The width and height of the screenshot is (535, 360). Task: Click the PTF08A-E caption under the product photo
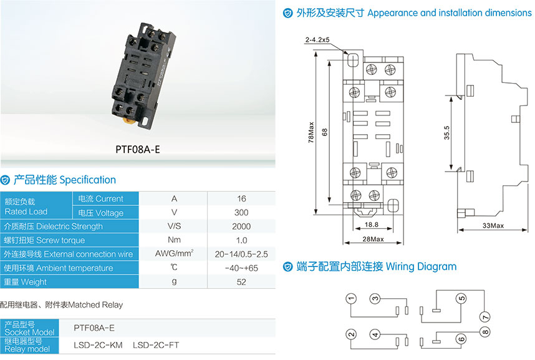click(x=138, y=149)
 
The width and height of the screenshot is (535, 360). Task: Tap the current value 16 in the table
click(x=241, y=198)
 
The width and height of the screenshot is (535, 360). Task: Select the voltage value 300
click(x=241, y=213)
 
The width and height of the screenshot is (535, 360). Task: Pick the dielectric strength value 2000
click(x=241, y=226)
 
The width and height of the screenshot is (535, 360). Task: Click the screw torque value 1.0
click(x=241, y=240)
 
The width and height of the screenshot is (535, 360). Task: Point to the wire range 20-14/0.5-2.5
click(x=241, y=254)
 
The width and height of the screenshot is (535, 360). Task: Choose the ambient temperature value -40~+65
click(x=241, y=268)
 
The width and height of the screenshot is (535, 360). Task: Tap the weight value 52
click(x=241, y=282)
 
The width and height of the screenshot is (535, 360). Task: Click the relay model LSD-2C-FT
click(x=156, y=345)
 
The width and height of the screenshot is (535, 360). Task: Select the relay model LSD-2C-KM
click(x=99, y=345)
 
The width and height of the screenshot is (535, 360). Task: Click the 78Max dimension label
click(x=311, y=132)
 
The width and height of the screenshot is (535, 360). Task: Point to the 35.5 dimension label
click(x=446, y=133)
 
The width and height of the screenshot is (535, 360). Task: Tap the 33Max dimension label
click(x=493, y=225)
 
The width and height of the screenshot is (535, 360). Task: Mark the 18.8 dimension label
click(x=371, y=225)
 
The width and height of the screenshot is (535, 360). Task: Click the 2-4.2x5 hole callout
click(x=317, y=40)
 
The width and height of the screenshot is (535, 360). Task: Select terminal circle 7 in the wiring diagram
click(x=484, y=316)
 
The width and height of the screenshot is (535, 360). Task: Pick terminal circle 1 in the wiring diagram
click(x=351, y=298)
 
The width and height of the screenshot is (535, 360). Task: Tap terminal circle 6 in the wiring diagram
click(x=461, y=339)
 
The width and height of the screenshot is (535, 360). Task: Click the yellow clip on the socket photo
click(x=128, y=120)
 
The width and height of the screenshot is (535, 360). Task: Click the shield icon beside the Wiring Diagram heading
click(x=288, y=266)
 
